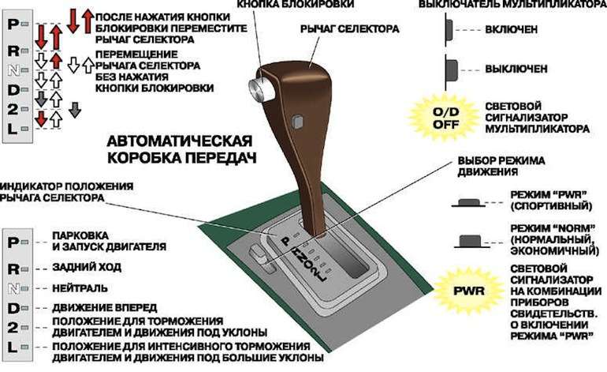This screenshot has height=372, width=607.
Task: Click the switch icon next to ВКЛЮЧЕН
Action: [x=449, y=29]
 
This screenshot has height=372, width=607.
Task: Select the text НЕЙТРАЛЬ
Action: [x=82, y=287]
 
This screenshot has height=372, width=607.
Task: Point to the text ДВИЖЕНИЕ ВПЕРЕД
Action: [x=103, y=306]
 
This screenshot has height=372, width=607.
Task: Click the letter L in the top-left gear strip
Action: [x=13, y=130]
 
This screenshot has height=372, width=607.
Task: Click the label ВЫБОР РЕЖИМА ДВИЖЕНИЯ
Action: [x=501, y=167]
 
